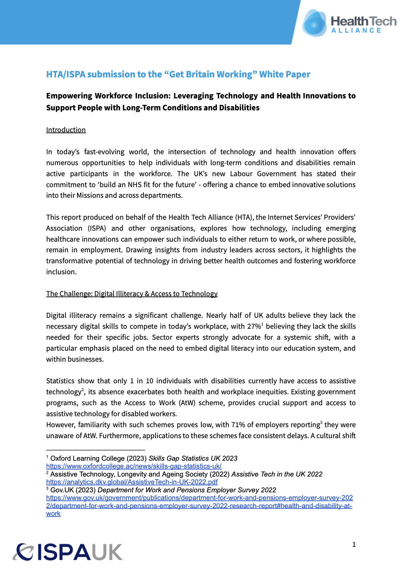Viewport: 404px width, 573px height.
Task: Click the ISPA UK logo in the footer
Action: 68,552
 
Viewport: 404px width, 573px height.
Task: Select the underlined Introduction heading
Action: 66,130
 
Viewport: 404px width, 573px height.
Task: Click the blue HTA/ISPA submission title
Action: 178,74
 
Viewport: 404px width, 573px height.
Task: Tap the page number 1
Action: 354,545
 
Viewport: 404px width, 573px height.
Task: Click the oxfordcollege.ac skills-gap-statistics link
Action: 134,466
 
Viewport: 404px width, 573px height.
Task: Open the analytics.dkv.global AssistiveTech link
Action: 132,482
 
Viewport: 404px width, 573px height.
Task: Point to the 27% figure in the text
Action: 254,327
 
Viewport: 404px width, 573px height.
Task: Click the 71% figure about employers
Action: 238,425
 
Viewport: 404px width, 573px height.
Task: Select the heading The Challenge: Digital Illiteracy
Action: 132,294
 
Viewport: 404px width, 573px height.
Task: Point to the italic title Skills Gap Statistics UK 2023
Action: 193,458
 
